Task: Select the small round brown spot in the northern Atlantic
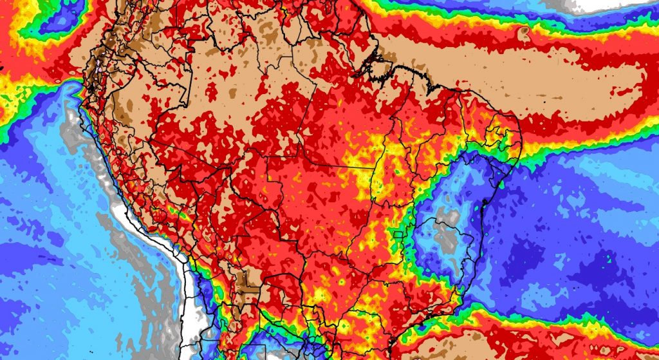tap(524, 30)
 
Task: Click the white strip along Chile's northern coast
tap(187, 290)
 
